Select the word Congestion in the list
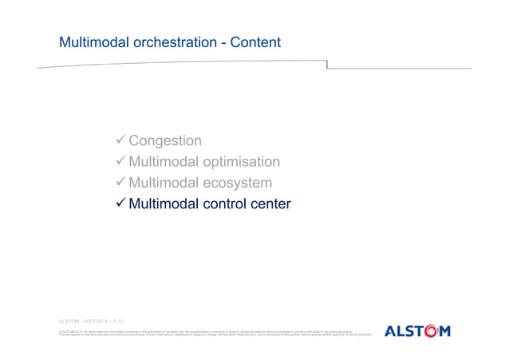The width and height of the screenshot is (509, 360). click(165, 141)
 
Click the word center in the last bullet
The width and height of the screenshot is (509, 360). click(269, 205)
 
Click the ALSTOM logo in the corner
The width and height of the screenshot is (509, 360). click(417, 330)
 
